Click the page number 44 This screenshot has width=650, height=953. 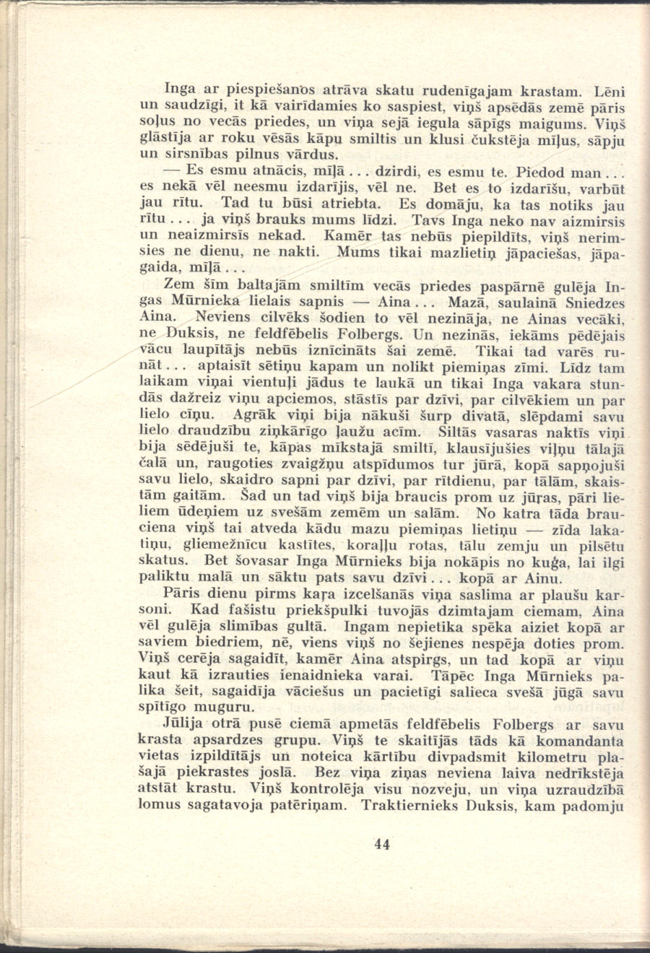click(x=383, y=844)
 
